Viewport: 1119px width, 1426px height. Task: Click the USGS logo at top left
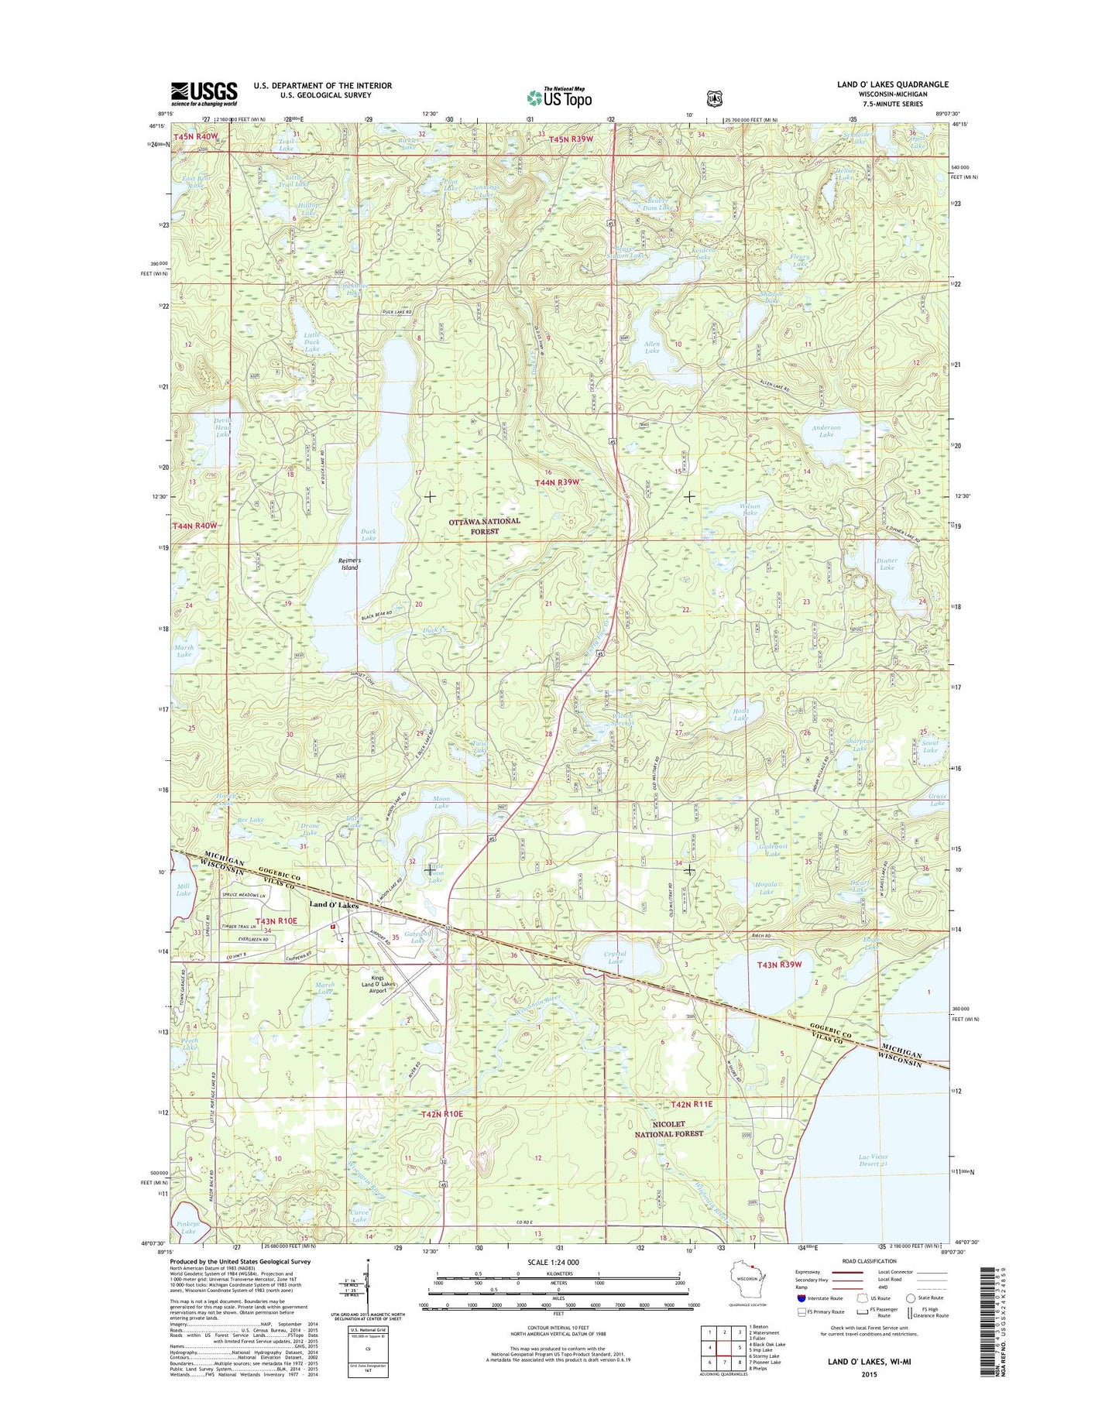[x=204, y=94]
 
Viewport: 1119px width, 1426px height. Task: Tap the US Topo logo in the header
[x=559, y=98]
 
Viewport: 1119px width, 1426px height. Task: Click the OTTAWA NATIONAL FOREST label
[x=485, y=526]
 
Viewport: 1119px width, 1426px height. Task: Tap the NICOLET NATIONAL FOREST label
[x=669, y=1129]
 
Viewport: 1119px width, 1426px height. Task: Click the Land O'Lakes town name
[x=334, y=904]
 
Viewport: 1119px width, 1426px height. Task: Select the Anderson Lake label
[x=826, y=431]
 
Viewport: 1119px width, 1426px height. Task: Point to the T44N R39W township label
[x=558, y=482]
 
